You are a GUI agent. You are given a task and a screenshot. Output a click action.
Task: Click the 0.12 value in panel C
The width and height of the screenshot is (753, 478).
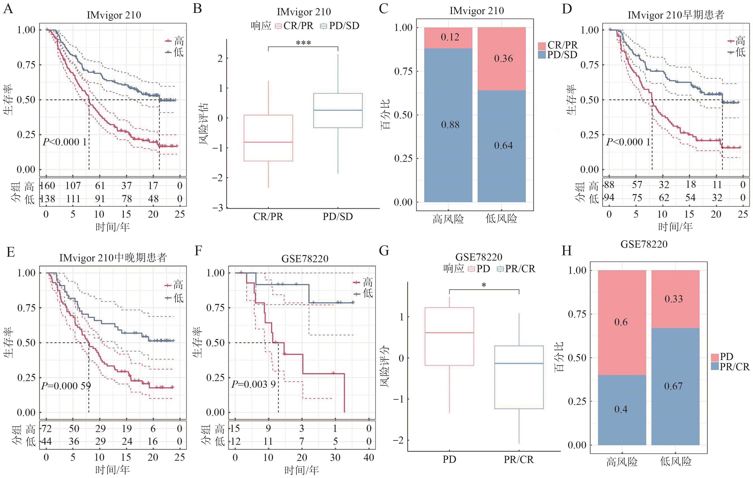[x=450, y=37]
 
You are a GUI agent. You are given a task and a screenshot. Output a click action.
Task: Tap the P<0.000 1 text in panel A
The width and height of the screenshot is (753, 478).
[x=65, y=142]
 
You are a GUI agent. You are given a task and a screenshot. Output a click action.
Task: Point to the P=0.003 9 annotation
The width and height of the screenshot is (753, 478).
[x=254, y=384]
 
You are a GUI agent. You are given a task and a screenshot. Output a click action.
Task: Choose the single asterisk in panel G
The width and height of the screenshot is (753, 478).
[x=484, y=285]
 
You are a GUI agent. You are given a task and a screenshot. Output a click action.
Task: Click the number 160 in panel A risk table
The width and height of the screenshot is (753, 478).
[x=48, y=186]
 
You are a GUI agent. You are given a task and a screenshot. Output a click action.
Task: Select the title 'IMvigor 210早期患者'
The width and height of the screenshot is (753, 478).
[x=676, y=15]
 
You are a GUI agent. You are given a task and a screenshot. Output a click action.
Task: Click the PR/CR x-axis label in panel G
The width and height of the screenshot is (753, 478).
[x=518, y=460]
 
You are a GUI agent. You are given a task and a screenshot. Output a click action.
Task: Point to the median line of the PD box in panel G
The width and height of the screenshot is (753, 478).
[x=449, y=333]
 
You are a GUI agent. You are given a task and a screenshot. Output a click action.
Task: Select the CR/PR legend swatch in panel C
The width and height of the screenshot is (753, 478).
[x=542, y=45]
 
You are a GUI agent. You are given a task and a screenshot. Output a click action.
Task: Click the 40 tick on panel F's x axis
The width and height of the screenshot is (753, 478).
[x=369, y=457]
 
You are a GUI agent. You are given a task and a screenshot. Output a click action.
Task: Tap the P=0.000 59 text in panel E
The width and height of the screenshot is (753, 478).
[x=66, y=386]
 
